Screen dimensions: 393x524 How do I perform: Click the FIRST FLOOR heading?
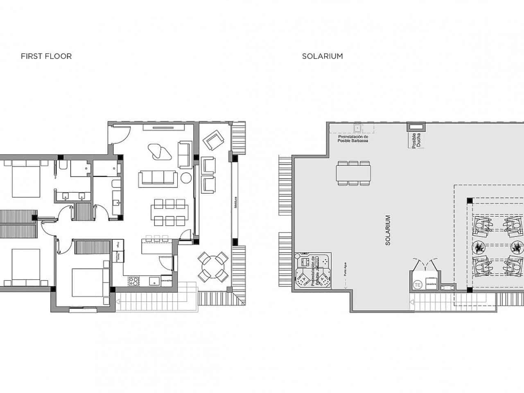click(46, 56)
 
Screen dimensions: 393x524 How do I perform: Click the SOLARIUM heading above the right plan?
click(322, 56)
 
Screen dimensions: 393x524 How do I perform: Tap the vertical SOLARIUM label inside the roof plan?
click(388, 230)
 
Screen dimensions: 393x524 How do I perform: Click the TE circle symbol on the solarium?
click(418, 285)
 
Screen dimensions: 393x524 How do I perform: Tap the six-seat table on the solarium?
click(354, 172)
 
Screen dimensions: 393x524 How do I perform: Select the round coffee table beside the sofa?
click(186, 178)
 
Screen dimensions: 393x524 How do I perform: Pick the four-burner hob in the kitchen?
click(133, 281)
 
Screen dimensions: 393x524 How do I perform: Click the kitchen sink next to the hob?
click(154, 281)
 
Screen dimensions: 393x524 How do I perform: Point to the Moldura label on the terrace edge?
click(236, 203)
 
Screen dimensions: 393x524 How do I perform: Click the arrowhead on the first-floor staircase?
click(118, 303)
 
